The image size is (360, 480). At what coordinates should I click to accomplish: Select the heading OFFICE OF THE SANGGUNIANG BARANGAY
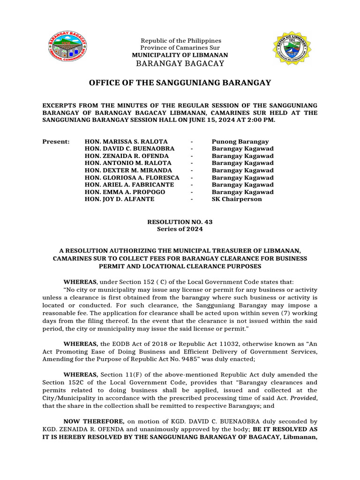click(180, 83)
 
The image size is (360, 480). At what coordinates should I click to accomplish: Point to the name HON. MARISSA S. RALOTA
click(126, 142)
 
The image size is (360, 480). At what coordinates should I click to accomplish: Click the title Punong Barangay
click(240, 142)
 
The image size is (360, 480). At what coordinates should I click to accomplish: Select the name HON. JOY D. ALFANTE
click(119, 199)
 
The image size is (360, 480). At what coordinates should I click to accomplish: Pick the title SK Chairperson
click(237, 199)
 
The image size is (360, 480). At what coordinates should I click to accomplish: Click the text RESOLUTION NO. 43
click(180, 222)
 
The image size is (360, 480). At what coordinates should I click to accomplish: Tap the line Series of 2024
click(180, 229)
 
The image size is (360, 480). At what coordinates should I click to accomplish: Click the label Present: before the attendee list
click(56, 142)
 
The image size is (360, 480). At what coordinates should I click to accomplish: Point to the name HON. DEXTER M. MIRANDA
click(128, 170)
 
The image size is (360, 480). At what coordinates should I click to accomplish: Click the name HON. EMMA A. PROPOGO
click(125, 192)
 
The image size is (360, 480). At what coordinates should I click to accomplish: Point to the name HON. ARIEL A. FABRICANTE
click(129, 185)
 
